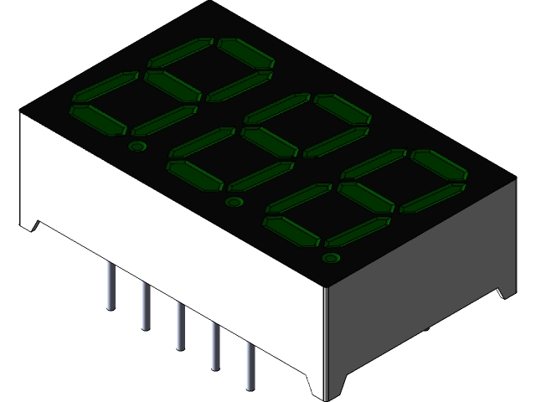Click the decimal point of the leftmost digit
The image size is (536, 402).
click(137, 147)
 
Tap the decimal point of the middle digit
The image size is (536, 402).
click(234, 202)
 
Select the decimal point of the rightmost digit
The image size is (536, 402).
click(332, 257)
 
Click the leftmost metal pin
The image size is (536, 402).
click(111, 286)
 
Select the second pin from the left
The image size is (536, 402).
click(146, 306)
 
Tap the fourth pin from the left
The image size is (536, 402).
click(214, 346)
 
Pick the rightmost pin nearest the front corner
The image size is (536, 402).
click(249, 367)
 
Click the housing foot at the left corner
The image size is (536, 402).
click(29, 222)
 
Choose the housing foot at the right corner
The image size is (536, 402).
click(506, 290)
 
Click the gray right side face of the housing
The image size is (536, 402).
click(419, 285)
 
